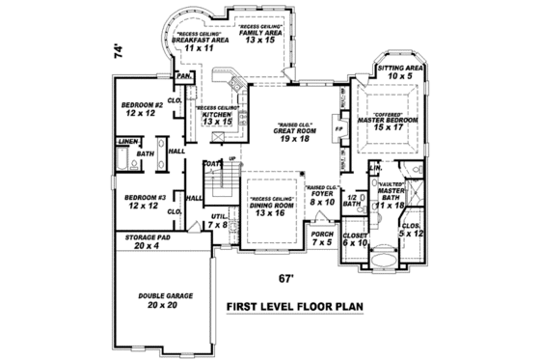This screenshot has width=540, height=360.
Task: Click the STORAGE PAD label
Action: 143,240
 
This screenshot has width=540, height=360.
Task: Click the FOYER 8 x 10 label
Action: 321,198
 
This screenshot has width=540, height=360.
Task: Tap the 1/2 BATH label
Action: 352,202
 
